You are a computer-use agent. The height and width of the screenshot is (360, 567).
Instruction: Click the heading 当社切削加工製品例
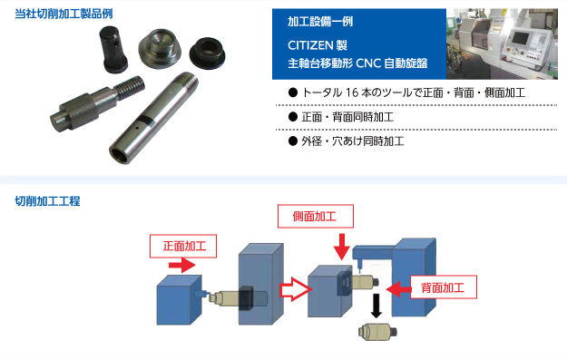(64, 14)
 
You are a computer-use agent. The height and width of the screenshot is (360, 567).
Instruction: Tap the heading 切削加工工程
(47, 201)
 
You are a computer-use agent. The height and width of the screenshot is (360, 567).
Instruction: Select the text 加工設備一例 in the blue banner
(320, 22)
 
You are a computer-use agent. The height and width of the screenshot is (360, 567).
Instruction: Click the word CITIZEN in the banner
(310, 45)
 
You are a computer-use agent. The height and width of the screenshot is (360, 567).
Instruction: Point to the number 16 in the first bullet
(351, 92)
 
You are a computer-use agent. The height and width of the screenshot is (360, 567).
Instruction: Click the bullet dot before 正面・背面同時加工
(293, 117)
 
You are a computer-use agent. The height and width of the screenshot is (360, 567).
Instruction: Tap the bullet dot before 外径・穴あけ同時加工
(293, 141)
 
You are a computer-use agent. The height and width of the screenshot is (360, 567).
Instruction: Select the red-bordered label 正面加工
(183, 246)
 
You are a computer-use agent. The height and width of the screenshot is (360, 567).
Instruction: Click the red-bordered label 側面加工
(316, 216)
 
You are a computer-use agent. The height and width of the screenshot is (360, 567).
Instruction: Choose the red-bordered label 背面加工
(444, 287)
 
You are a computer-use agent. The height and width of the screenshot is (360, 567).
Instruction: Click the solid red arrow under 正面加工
(181, 265)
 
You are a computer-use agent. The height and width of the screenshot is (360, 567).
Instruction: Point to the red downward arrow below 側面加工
(341, 247)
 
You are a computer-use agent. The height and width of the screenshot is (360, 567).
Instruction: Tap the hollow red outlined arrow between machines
(296, 289)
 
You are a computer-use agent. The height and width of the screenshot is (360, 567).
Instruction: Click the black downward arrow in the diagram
(376, 306)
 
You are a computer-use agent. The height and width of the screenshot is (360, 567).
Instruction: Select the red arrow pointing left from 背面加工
(398, 289)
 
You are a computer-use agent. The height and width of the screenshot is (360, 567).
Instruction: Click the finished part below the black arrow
(377, 332)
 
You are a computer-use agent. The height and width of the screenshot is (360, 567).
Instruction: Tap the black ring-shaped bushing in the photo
(207, 53)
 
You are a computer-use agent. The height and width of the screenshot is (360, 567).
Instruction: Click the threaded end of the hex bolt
(131, 87)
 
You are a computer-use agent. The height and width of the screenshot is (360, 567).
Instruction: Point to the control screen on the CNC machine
(520, 38)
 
